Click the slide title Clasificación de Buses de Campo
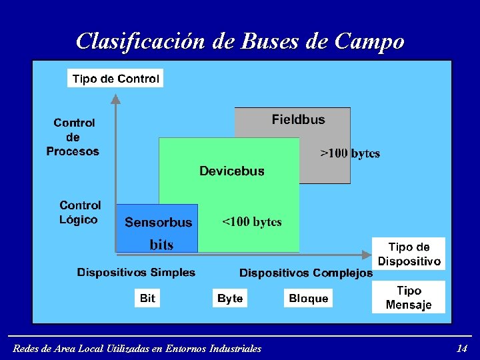[x=240, y=41]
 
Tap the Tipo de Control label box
[x=115, y=79]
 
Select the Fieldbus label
[x=298, y=120]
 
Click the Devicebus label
[x=231, y=171]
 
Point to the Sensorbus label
[x=158, y=223]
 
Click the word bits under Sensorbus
[x=161, y=245]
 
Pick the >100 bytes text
[x=350, y=153]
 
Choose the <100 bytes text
[x=251, y=222]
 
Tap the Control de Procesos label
[x=73, y=137]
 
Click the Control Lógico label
[x=80, y=212]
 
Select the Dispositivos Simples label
[x=136, y=272]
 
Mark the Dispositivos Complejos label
[x=305, y=273]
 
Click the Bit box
[x=147, y=298]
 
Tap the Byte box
[x=230, y=298]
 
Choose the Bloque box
[x=308, y=298]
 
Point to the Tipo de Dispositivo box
[x=409, y=254]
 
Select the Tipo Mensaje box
[x=409, y=297]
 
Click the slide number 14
[x=461, y=348]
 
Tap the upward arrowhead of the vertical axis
[x=115, y=99]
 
